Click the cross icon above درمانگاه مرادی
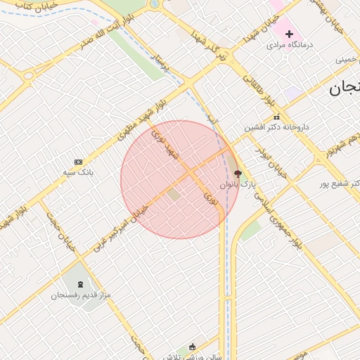(289, 34)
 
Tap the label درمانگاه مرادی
(289, 45)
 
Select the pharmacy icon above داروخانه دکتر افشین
(276, 117)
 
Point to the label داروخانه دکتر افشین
(277, 128)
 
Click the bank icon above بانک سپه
(78, 162)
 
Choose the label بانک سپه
(78, 172)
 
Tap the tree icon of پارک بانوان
(237, 173)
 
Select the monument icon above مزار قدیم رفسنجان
(79, 284)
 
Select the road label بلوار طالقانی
(258, 91)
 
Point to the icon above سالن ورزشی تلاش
(193, 346)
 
